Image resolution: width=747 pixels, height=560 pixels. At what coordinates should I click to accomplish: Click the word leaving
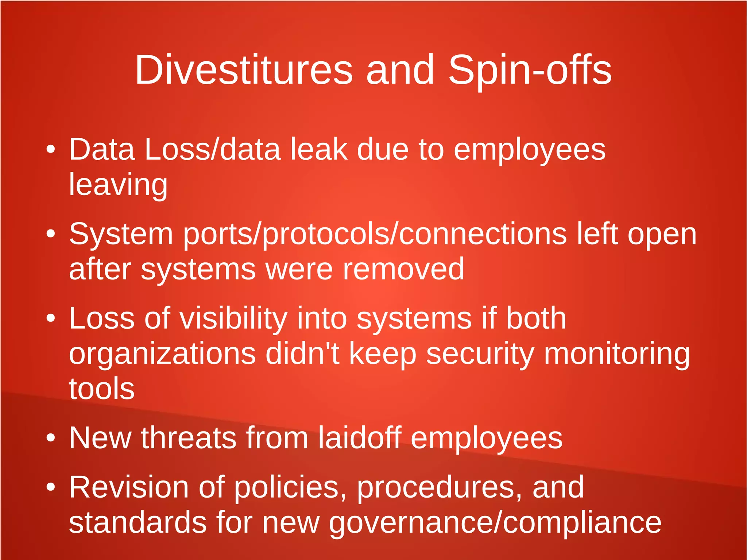pos(118,185)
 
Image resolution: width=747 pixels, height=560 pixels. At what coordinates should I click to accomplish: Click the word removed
pos(403,269)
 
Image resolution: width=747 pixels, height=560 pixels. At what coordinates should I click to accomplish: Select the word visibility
pos(233,318)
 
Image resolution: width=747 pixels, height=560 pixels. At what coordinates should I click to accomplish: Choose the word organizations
pos(162,353)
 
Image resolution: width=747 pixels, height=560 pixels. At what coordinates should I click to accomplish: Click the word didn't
pos(302,353)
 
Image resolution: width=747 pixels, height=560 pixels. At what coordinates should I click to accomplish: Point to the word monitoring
pos(617,353)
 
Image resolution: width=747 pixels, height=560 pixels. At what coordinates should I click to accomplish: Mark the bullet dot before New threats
pos(51,437)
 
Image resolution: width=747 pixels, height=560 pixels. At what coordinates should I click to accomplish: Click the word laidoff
pos(360,437)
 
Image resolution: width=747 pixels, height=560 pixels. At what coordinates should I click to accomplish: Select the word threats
pos(189,437)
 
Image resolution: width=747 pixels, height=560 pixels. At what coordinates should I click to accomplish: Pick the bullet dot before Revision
pos(51,487)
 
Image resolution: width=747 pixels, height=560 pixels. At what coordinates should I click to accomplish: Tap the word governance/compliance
pos(495,522)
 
